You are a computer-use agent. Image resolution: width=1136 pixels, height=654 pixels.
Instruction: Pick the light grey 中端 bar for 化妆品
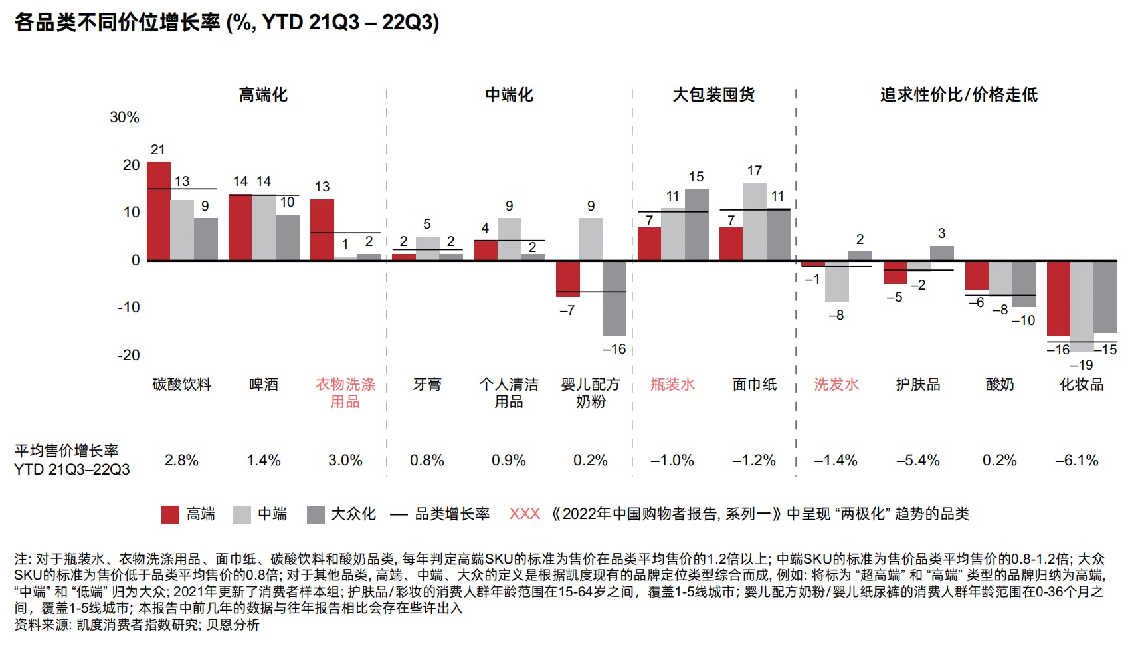(x=1082, y=306)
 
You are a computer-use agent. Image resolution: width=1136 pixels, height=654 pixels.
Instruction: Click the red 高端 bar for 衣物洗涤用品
(x=322, y=229)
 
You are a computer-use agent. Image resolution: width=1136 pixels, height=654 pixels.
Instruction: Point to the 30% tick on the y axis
(x=124, y=118)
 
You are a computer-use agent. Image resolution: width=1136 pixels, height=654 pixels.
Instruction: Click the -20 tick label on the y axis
(x=129, y=355)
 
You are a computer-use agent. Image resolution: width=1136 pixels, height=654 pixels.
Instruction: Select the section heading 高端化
(x=264, y=95)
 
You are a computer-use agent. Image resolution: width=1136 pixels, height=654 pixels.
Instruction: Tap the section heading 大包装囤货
(x=713, y=95)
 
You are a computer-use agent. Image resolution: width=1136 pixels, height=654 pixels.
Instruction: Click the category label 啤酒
(x=264, y=384)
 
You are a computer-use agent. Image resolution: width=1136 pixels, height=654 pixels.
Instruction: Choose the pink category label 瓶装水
(x=672, y=384)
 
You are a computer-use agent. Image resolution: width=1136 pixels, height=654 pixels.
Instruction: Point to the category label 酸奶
(x=1000, y=384)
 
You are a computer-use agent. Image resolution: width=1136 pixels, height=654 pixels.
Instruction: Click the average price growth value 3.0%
(x=345, y=460)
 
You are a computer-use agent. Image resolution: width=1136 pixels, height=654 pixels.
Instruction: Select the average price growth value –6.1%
(x=1077, y=460)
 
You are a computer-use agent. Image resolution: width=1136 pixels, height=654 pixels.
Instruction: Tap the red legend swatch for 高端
(x=170, y=514)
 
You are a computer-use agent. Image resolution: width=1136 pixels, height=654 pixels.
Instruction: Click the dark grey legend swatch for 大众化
(x=316, y=514)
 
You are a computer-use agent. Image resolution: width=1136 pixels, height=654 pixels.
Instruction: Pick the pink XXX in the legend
(x=525, y=514)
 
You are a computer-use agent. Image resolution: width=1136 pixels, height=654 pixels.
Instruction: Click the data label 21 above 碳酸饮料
(x=158, y=150)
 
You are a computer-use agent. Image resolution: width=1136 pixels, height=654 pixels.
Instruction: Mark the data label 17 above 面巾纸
(x=755, y=171)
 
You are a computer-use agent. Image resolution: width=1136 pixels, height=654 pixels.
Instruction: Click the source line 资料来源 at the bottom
(x=137, y=625)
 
